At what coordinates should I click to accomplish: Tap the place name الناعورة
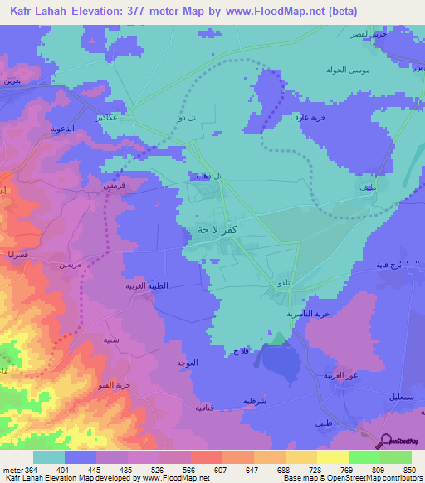coord(46,129)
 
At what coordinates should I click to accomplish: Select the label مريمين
coord(70,265)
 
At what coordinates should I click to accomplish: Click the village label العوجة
coord(187,363)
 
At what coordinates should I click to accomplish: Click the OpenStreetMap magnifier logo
coord(384,441)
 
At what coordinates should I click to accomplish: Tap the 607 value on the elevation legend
coord(204,469)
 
